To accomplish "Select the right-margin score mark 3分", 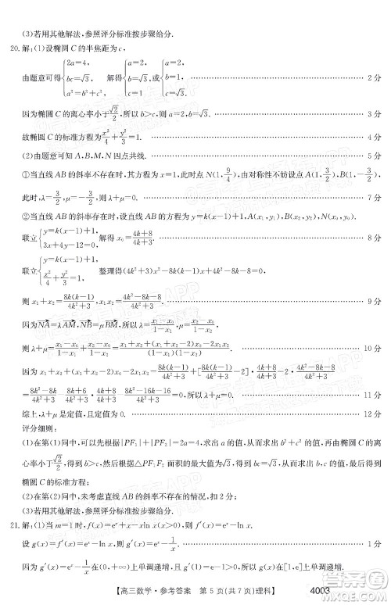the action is pos(374,115).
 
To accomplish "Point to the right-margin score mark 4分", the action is pos(374,137).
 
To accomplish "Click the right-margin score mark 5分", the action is pos(374,156).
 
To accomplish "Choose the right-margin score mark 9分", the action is pos(374,300).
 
